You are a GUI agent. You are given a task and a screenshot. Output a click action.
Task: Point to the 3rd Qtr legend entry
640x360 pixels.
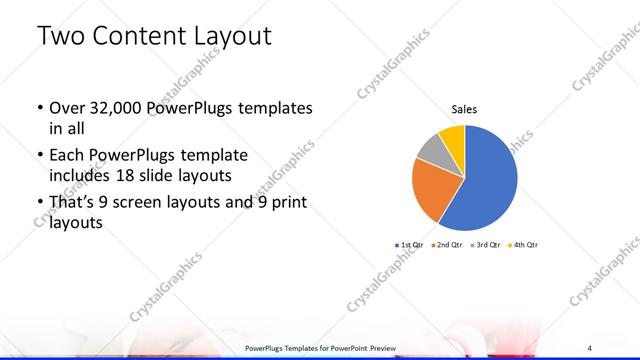coord(486,245)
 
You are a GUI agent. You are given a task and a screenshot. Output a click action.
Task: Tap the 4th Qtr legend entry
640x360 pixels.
coord(522,245)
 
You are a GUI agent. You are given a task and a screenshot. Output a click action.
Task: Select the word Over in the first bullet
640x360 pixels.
coord(66,108)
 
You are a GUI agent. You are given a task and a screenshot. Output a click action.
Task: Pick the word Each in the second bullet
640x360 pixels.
coord(66,157)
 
